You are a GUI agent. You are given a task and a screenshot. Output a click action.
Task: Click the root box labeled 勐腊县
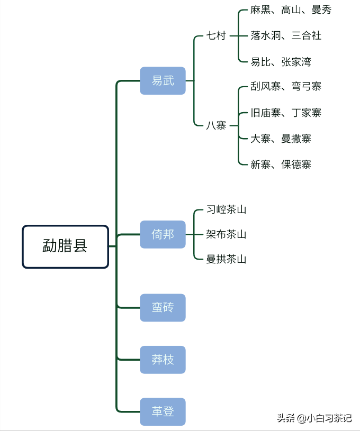tap(66, 246)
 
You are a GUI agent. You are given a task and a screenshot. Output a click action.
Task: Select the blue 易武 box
tap(163, 81)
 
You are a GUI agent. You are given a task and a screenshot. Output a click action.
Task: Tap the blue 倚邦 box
tap(163, 234)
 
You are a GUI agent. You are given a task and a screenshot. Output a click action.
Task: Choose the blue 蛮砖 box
tap(163, 308)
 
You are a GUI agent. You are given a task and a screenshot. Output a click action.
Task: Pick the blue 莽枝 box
tap(163, 360)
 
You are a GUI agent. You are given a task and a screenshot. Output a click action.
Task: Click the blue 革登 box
tap(163, 412)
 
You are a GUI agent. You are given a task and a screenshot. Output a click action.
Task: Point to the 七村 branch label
tap(216, 36)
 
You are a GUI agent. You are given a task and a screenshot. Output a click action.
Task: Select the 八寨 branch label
tap(216, 126)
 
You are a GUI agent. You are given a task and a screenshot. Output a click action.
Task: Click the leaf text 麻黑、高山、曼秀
tap(291, 10)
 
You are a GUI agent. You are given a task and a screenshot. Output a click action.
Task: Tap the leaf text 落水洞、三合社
tap(286, 36)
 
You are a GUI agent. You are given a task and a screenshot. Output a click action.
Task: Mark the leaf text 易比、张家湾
tap(281, 62)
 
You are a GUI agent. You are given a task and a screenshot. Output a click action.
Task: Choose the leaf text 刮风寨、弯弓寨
tap(286, 86)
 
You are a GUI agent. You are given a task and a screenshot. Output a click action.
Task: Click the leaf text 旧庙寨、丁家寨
tap(286, 113)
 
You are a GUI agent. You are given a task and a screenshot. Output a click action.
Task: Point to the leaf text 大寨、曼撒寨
tap(281, 139)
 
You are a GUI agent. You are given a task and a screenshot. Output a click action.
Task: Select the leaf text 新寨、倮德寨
tap(281, 164)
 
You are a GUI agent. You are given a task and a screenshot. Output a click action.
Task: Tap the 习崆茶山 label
tap(226, 210)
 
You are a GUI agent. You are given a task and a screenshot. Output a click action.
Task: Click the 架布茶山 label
tap(226, 234)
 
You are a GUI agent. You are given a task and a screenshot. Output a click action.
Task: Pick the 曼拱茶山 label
tap(226, 259)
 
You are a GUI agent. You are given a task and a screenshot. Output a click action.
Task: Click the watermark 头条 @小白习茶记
tap(314, 418)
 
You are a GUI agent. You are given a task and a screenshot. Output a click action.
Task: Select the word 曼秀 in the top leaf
tap(322, 10)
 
